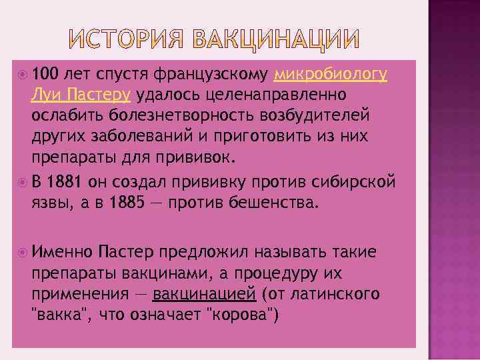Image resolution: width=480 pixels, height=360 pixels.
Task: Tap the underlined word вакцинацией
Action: tap(204, 293)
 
